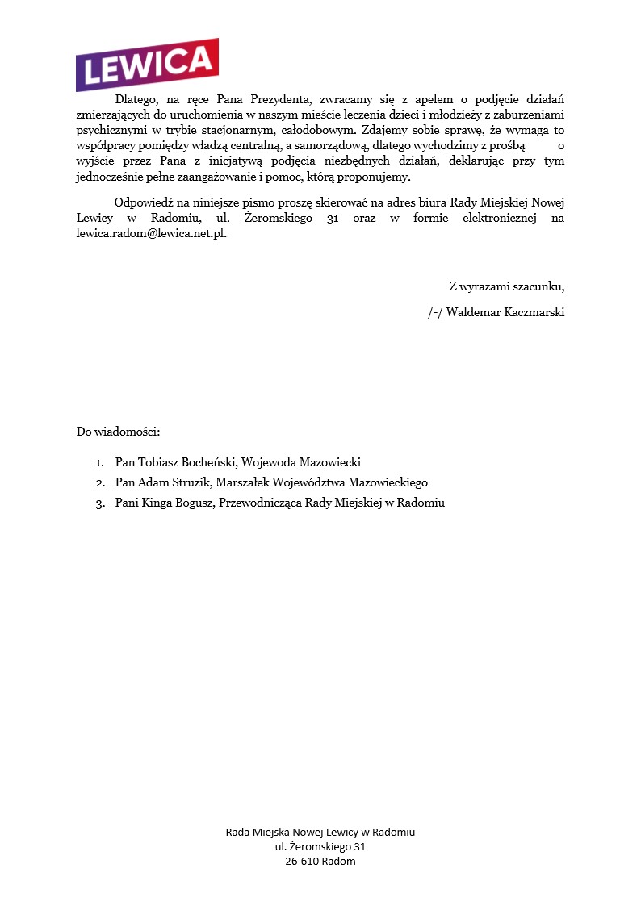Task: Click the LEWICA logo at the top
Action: tap(147, 64)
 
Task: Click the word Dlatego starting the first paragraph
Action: tap(135, 100)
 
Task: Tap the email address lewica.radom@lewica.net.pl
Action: tap(151, 233)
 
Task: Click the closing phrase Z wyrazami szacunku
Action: tap(506, 286)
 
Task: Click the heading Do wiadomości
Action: tap(119, 432)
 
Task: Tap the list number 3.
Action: tap(100, 503)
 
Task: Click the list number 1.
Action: tap(100, 462)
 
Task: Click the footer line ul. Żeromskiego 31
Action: tap(320, 846)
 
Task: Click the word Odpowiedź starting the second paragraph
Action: tap(148, 202)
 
